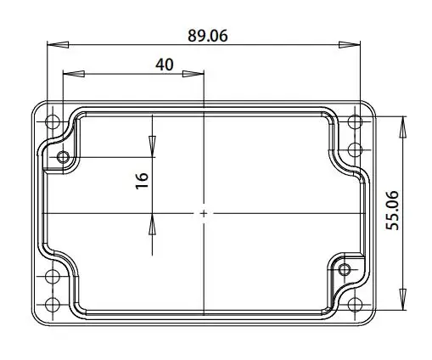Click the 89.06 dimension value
click(208, 36)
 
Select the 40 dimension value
click(165, 65)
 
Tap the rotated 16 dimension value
click(142, 181)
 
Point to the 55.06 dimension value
click(392, 211)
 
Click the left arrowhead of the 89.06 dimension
click(58, 44)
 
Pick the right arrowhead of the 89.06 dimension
click(350, 44)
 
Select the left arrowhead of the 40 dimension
click(74, 74)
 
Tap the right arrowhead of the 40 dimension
click(194, 74)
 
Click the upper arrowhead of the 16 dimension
click(152, 147)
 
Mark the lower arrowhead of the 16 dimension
click(152, 224)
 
